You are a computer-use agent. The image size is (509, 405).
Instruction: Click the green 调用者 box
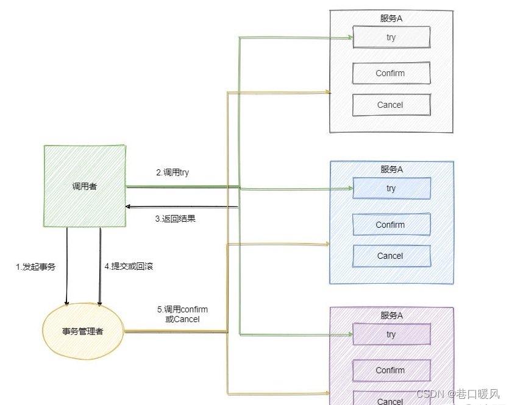pos(84,186)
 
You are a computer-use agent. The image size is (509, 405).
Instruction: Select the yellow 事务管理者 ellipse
pos(83,332)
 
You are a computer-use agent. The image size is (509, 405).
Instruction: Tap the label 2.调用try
pos(172,172)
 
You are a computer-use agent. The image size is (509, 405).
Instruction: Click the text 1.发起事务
pos(35,266)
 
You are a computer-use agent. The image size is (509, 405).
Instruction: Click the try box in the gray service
pos(391,37)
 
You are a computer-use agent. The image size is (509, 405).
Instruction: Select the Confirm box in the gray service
pos(391,73)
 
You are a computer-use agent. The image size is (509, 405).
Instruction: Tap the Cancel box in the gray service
pos(391,105)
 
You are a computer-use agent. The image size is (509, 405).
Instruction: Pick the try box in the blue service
pos(391,188)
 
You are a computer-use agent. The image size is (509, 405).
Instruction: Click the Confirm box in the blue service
pos(391,225)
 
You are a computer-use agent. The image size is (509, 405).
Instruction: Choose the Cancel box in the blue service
pos(391,256)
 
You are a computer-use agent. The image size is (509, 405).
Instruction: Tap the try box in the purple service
pos(391,334)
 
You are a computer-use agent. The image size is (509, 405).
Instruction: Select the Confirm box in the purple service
pos(391,370)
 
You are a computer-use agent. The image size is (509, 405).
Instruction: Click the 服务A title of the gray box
pos(391,18)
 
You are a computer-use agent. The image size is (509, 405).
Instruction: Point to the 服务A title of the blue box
pos(391,169)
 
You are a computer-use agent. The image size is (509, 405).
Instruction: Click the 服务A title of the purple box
pos(391,315)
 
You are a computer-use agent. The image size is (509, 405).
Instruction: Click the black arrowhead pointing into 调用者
pos(129,207)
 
